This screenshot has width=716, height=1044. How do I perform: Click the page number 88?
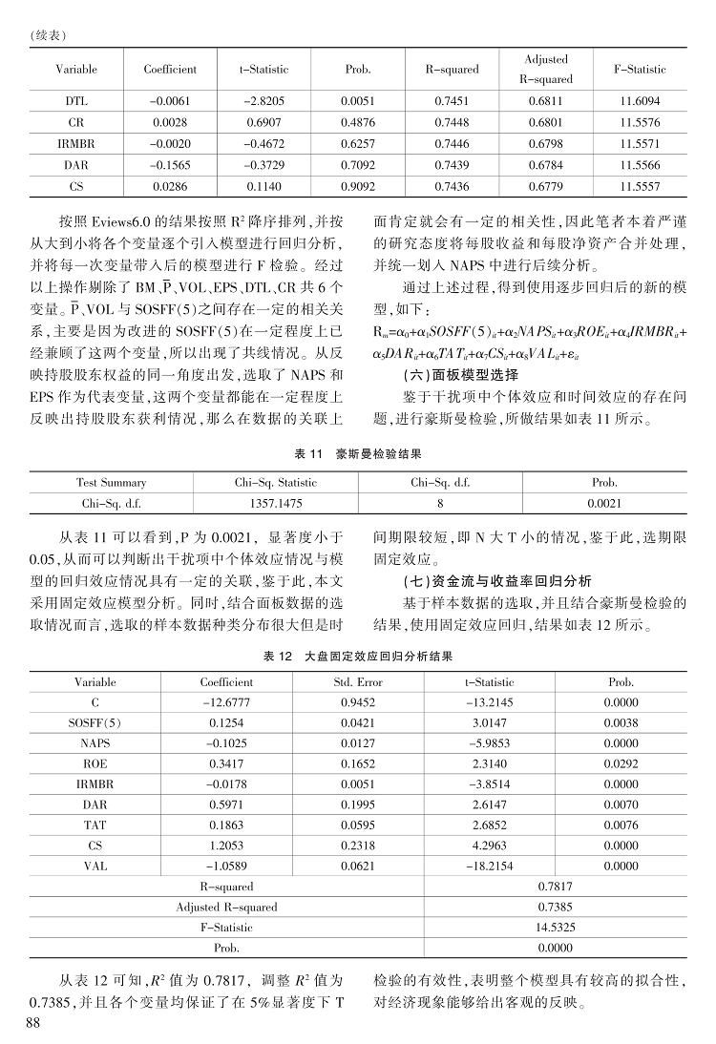click(x=32, y=1022)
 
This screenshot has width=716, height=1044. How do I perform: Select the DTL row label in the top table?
click(x=76, y=100)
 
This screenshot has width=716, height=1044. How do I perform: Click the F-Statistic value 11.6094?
click(x=639, y=100)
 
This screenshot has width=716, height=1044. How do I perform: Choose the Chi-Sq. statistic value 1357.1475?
click(x=276, y=502)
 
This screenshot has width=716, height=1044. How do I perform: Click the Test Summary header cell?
click(x=111, y=482)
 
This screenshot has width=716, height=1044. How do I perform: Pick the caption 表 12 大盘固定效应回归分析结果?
click(x=357, y=657)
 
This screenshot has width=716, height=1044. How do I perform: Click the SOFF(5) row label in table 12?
click(x=95, y=723)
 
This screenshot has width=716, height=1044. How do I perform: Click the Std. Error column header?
click(x=357, y=682)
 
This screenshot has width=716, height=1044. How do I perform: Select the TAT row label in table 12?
click(x=95, y=825)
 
